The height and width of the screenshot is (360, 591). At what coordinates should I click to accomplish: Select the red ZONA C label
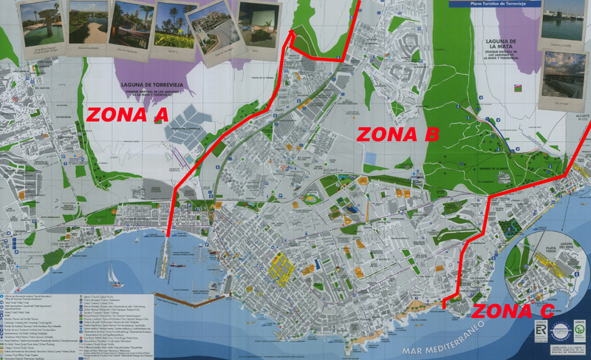513,311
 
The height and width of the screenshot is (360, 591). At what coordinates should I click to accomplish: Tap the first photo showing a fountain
40,25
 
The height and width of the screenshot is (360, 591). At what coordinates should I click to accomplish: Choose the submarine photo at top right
561,21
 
